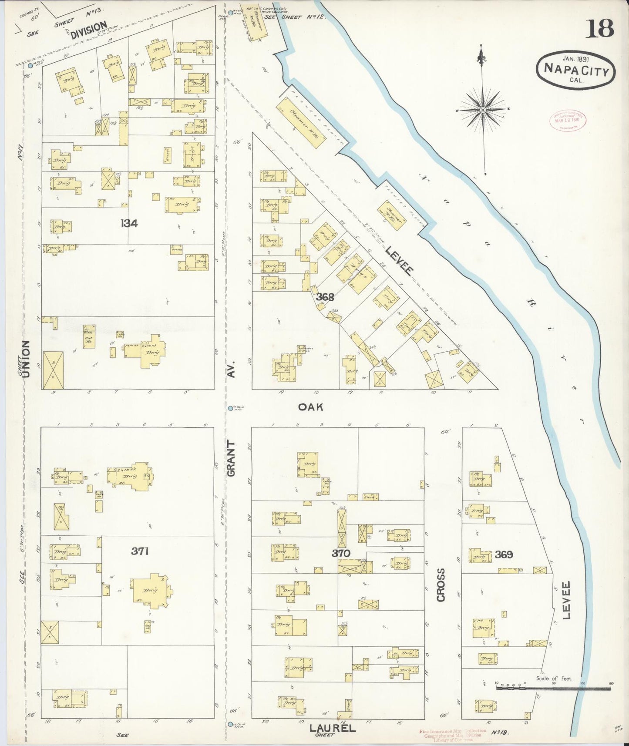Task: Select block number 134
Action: click(129, 223)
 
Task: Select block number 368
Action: click(325, 297)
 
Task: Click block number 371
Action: click(140, 551)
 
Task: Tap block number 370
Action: click(341, 553)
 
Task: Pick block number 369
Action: click(504, 554)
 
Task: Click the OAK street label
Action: click(311, 407)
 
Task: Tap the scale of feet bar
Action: click(553, 688)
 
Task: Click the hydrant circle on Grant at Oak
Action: click(230, 408)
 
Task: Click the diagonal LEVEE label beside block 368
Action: click(398, 260)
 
